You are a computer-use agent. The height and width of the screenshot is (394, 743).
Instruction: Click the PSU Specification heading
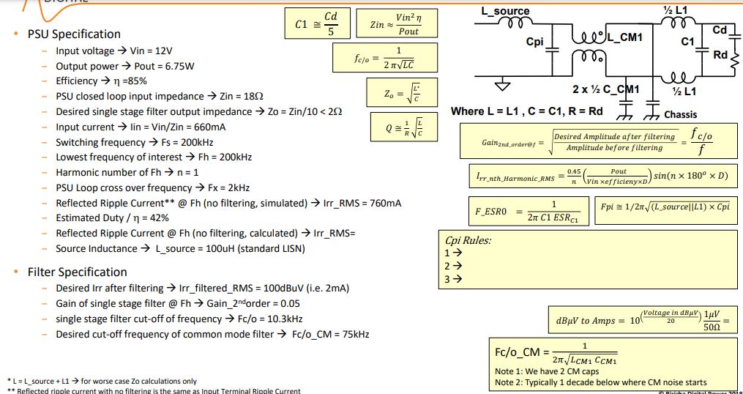(74, 34)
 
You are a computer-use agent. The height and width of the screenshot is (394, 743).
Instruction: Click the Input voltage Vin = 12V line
(113, 51)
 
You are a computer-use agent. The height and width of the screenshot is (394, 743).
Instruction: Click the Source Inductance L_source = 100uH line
(180, 248)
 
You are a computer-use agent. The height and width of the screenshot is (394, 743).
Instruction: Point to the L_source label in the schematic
(505, 12)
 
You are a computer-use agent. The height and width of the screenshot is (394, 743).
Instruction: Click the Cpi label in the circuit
(535, 42)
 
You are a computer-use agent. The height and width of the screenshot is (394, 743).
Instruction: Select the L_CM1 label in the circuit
(624, 37)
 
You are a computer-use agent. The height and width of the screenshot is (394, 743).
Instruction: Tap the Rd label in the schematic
(720, 55)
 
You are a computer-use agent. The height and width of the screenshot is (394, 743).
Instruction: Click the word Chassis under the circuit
(680, 115)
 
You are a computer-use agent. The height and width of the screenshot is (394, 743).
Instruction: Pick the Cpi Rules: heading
(468, 240)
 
